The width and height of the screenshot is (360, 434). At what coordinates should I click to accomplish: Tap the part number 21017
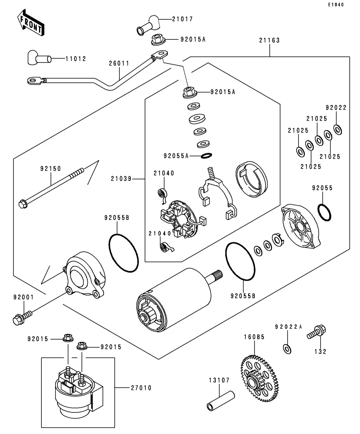pyautogui.click(x=182, y=19)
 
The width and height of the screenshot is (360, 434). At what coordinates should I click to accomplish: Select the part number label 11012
pyautogui.click(x=75, y=59)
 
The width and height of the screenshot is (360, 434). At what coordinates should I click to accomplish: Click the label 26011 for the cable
pyautogui.click(x=119, y=63)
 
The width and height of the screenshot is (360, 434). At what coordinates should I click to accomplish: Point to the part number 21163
pyautogui.click(x=269, y=40)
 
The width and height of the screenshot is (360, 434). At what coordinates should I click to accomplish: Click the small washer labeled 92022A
pyautogui.click(x=287, y=348)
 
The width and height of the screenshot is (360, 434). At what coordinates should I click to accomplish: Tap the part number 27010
pyautogui.click(x=141, y=388)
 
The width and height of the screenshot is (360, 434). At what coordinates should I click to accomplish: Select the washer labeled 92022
pyautogui.click(x=337, y=129)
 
